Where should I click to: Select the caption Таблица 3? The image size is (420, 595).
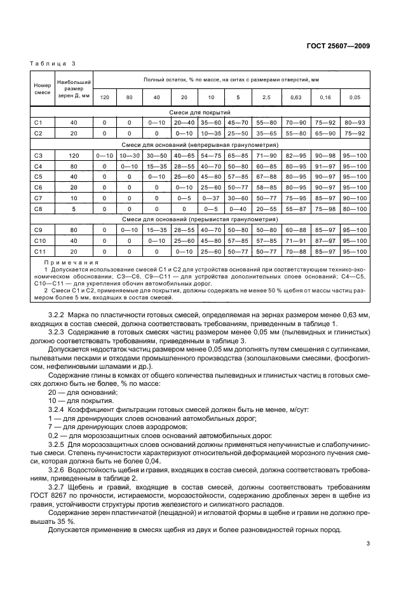pos(53,64)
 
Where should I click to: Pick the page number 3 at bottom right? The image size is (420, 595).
pos(368,543)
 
